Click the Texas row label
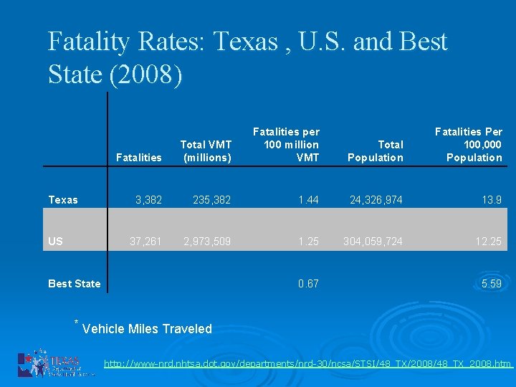[x=63, y=200]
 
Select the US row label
[x=56, y=242]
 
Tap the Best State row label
[x=74, y=284]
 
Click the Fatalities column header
[x=138, y=158]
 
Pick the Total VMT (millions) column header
[x=206, y=151]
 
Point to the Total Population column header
[x=376, y=151]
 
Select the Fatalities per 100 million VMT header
[x=286, y=145]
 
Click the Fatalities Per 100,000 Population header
[x=469, y=145]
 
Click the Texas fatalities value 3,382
[x=148, y=200]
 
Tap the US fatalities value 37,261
[x=145, y=242]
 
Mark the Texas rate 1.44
[x=308, y=200]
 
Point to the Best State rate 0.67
[x=308, y=284]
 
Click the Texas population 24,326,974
[x=375, y=200]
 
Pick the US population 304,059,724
[x=372, y=242]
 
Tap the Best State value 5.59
[x=492, y=284]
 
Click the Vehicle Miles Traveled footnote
[x=147, y=329]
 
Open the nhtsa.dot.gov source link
[x=307, y=364]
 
